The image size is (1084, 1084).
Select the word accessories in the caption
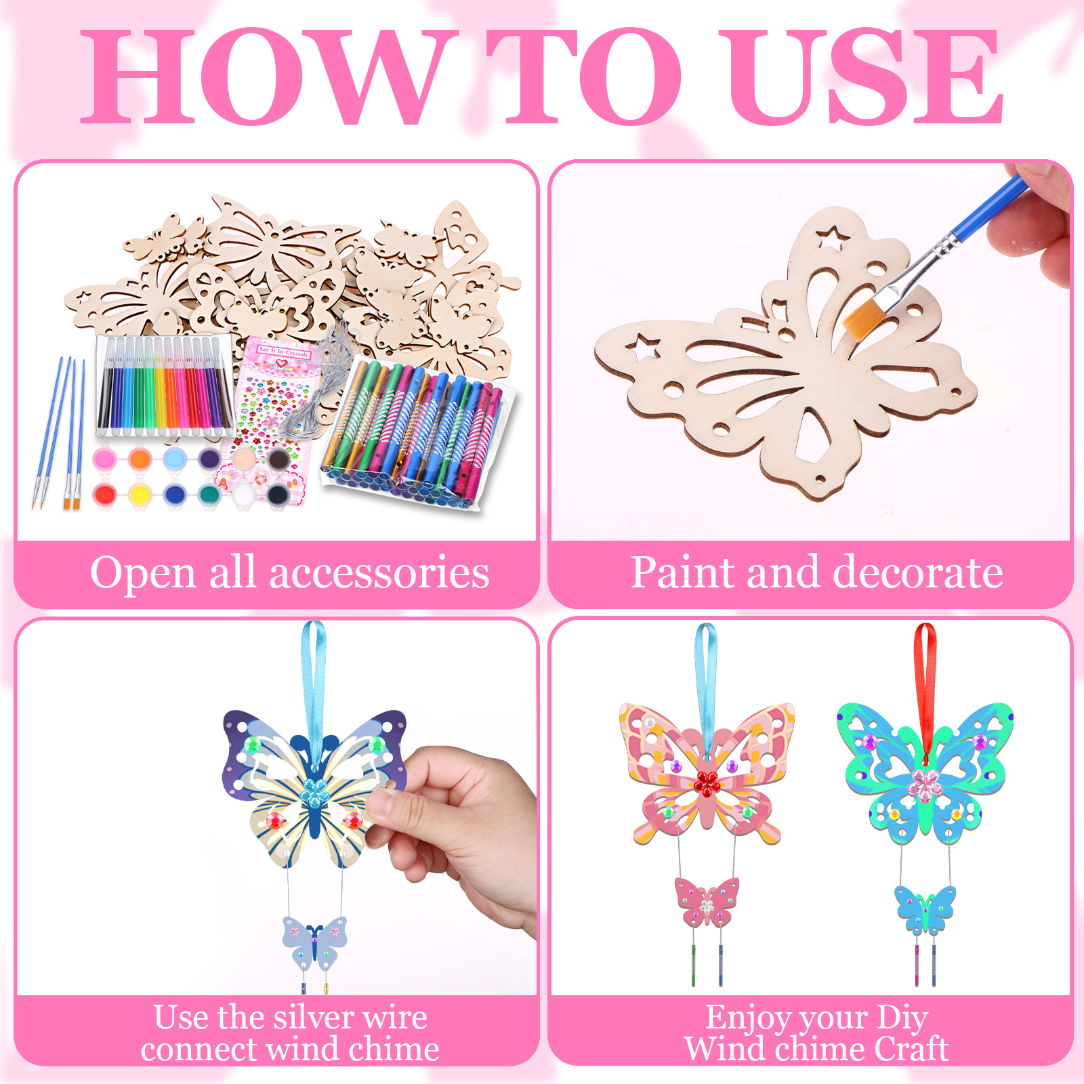click(x=379, y=573)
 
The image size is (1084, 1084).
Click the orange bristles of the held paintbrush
click(x=862, y=314)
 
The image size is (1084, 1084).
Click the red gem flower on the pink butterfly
click(x=707, y=783)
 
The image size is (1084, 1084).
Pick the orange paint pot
click(x=140, y=459)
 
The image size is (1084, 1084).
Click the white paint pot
click(x=243, y=495)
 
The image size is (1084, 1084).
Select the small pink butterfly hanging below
click(x=707, y=902)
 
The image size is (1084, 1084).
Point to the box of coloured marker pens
click(x=163, y=385)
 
